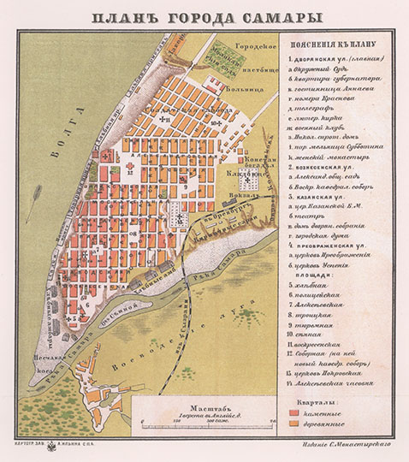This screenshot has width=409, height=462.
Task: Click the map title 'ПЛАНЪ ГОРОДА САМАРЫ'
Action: (x=204, y=15)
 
